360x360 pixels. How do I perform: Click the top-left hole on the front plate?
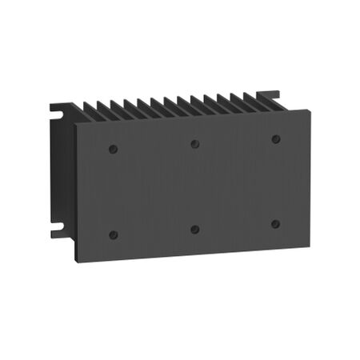pos(113,149)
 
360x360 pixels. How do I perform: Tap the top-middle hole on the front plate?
pos(194,144)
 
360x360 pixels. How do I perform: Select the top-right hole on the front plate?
pos(275,138)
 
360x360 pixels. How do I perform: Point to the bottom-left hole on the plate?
pos(113,234)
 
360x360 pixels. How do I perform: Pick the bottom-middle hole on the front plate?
pos(194,229)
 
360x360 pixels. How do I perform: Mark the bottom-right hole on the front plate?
pos(275,224)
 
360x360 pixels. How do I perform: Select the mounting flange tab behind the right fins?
pos(272,95)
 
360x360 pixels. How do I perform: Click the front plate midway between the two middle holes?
pos(194,186)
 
